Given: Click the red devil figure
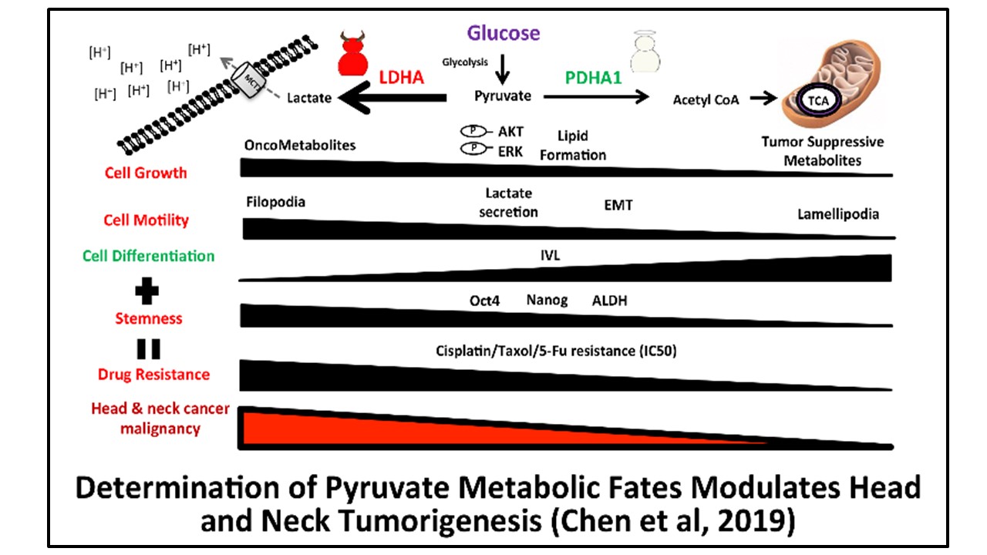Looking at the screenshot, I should (x=356, y=55).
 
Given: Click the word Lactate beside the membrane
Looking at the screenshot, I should (x=309, y=98).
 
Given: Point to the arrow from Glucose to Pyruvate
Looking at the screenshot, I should (x=502, y=68).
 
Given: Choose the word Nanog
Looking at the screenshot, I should (x=547, y=301).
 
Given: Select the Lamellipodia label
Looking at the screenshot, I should (x=838, y=214).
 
